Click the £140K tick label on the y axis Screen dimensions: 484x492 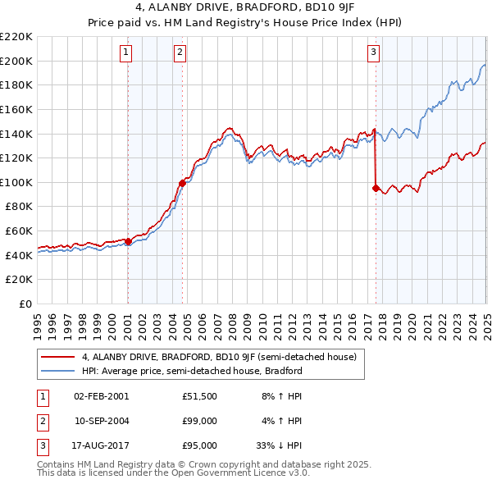tap(16, 133)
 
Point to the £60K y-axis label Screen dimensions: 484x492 tap(19, 231)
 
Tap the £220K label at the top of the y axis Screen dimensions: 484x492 tap(16, 37)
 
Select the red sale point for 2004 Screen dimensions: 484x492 tap(182, 183)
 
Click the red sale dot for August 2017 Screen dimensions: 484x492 tap(376, 188)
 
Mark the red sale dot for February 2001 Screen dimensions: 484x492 tap(128, 241)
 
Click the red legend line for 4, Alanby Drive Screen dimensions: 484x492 tap(57, 358)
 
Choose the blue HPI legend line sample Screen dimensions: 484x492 tap(57, 371)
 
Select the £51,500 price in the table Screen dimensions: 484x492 tap(199, 396)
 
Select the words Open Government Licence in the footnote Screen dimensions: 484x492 tap(243, 473)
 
